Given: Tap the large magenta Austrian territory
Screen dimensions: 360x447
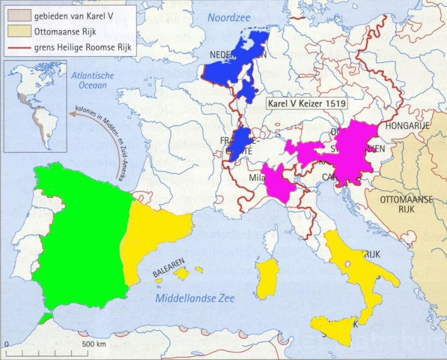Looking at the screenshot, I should point(354,150).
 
